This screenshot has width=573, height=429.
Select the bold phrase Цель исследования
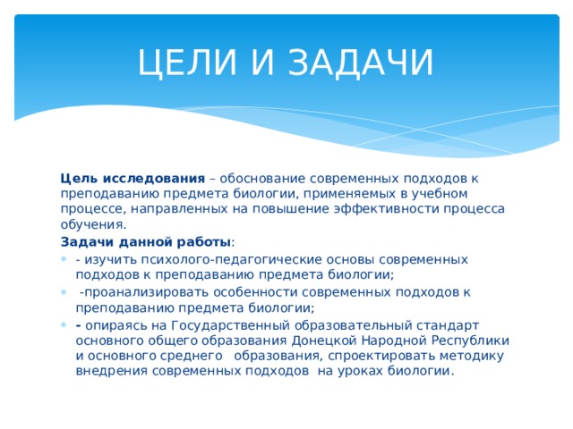(133, 177)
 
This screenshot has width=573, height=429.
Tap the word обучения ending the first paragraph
(92, 225)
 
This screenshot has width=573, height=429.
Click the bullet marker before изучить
(64, 259)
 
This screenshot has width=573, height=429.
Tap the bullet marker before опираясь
(64, 324)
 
